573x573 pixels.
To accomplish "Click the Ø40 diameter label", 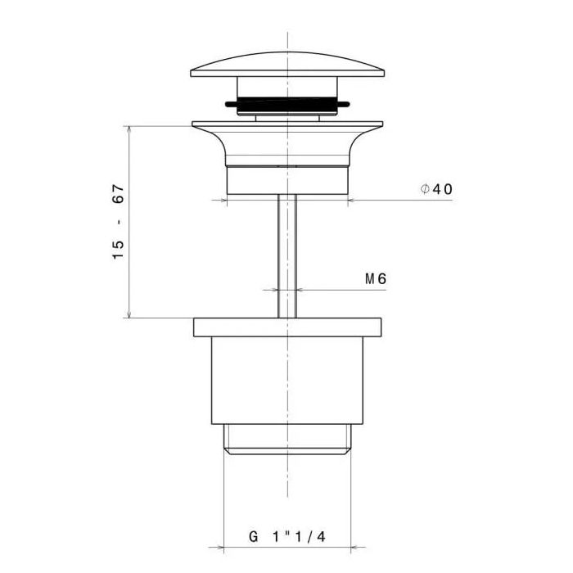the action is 436,189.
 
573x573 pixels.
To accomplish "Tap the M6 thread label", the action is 376,279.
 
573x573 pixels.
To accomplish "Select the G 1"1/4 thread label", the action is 286,537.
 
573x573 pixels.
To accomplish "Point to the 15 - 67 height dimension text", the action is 119,222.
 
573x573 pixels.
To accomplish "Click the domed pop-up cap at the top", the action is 287,65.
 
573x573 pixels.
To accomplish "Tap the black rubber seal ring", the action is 287,104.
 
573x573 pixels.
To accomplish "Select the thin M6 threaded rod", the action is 287,255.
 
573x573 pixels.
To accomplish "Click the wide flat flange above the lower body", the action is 287,327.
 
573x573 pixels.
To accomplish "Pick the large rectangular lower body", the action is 287,381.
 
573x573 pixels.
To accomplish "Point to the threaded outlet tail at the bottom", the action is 287,440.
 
